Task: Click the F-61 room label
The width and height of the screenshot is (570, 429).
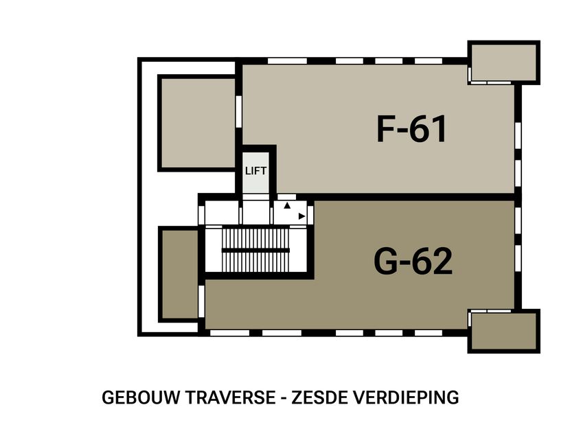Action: coord(412,128)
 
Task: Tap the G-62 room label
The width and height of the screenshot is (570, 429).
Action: coord(413,261)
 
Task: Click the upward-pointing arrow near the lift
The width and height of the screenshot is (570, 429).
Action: coord(288,205)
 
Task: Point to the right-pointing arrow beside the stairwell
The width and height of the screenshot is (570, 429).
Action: coord(301,216)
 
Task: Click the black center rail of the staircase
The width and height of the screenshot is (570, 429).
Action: coord(255,250)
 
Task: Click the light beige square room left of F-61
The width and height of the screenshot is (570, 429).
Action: coord(198,123)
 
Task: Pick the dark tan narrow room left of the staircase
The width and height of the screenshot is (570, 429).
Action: coord(180,274)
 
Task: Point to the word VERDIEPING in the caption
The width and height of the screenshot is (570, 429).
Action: coord(404,397)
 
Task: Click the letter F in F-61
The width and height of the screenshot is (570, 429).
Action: coord(386,128)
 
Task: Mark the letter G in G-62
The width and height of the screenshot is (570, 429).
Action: coord(388,261)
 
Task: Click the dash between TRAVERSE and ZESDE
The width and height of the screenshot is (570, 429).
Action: coord(283,398)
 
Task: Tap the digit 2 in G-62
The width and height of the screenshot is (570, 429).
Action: coord(441,261)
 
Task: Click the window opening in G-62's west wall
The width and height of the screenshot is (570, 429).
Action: coord(202,296)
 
